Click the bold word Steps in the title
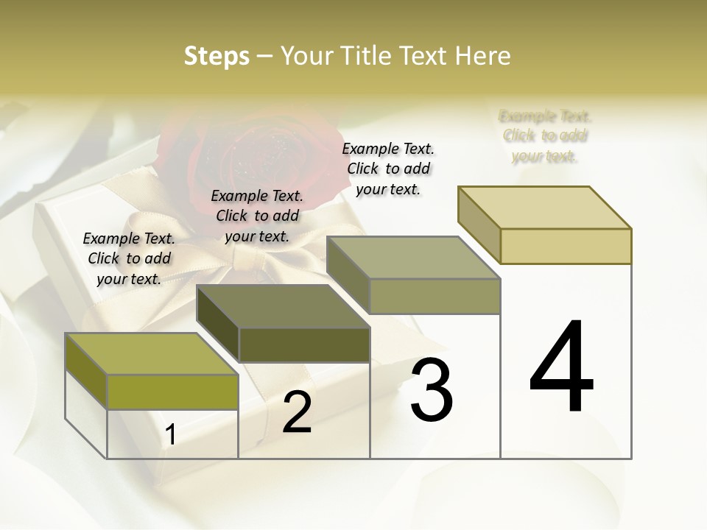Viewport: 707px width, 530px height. [x=217, y=56]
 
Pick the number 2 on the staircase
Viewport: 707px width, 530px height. [x=297, y=413]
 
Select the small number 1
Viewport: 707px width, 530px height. [x=170, y=435]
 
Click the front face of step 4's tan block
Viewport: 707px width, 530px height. [x=566, y=246]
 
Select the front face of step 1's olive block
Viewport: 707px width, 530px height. [x=172, y=392]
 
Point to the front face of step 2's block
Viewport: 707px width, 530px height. [x=304, y=344]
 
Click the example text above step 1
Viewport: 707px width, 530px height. [x=129, y=258]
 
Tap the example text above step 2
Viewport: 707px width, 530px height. [x=257, y=216]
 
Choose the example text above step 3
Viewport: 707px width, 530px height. [x=388, y=169]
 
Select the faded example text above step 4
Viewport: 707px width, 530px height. [x=545, y=136]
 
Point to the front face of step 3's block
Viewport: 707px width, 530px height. [x=435, y=296]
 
